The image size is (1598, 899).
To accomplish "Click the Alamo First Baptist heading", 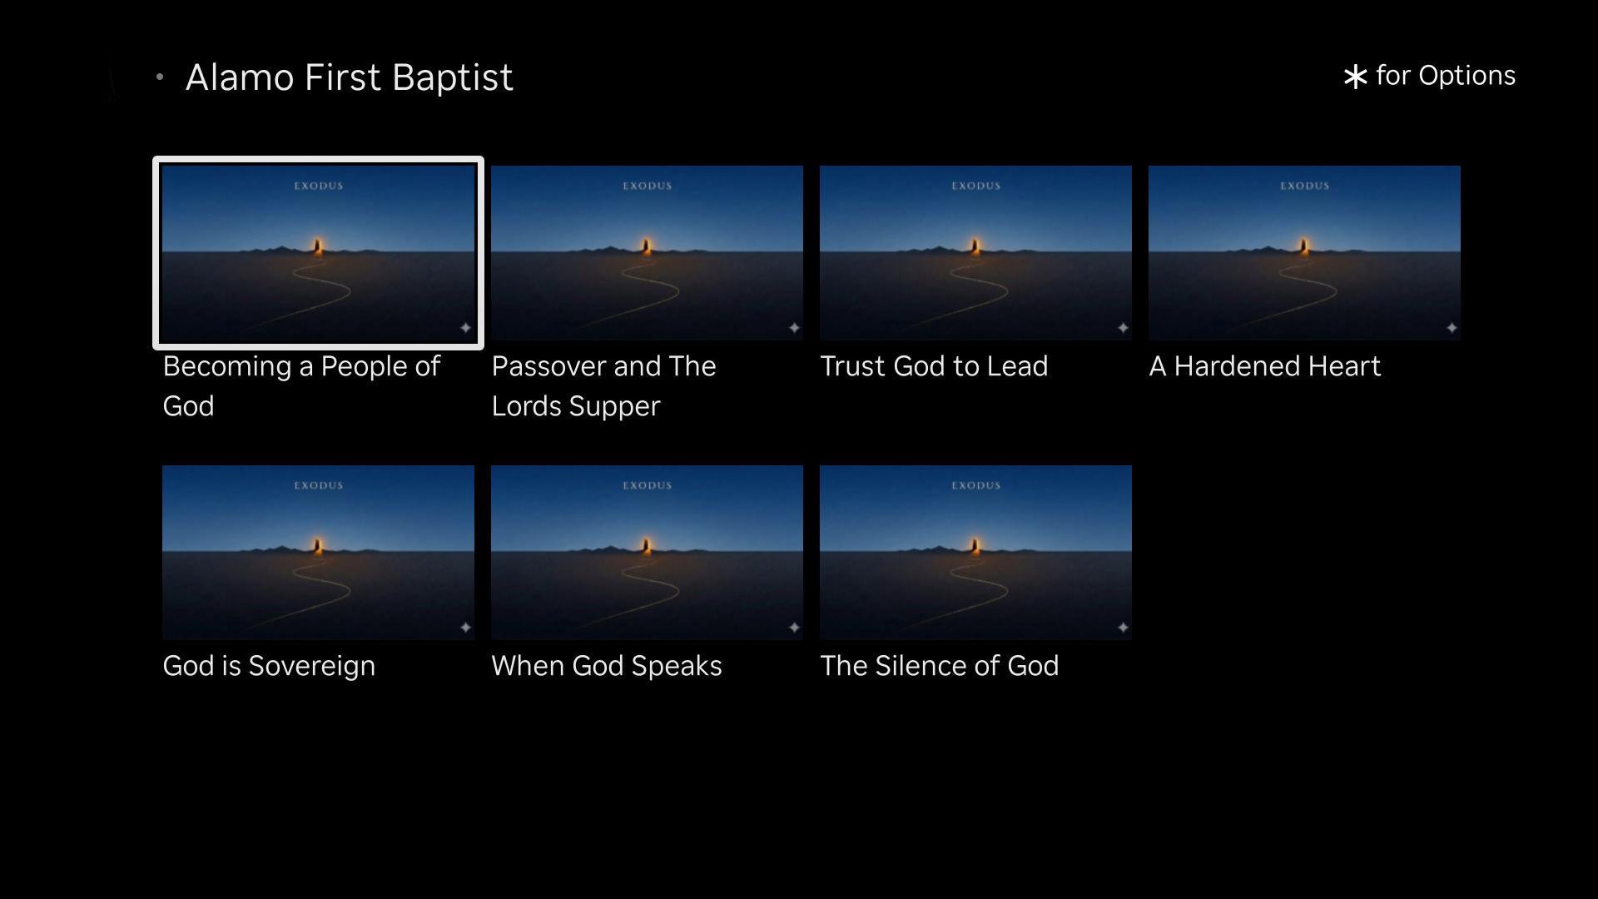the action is pyautogui.click(x=349, y=77).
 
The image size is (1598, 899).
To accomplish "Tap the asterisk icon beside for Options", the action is pyautogui.click(x=1355, y=77).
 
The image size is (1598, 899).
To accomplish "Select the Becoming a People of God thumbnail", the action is pyautogui.click(x=318, y=253).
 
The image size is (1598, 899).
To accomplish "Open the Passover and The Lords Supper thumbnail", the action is pyautogui.click(x=647, y=253).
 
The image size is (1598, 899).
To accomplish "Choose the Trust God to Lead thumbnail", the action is pyautogui.click(x=975, y=253).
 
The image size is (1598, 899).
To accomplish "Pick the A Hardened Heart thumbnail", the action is pyautogui.click(x=1304, y=253).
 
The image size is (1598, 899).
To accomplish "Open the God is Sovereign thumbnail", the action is pyautogui.click(x=318, y=553).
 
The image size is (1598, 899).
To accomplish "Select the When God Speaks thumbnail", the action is pyautogui.click(x=647, y=553).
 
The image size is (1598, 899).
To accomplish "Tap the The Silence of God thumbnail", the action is pyautogui.click(x=975, y=553).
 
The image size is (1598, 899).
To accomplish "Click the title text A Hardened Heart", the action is pyautogui.click(x=1264, y=366).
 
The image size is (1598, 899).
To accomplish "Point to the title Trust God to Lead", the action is pyautogui.click(x=934, y=366).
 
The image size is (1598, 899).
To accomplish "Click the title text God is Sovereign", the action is pyautogui.click(x=269, y=667).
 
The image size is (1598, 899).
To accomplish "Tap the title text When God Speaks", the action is pyautogui.click(x=607, y=667).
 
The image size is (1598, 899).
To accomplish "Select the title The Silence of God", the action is pyautogui.click(x=940, y=666).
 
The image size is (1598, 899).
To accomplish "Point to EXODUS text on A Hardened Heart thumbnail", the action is pyautogui.click(x=1304, y=186).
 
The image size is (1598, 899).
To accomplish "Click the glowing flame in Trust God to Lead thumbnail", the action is pyautogui.click(x=975, y=246).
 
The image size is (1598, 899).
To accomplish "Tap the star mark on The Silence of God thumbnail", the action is pyautogui.click(x=1123, y=627).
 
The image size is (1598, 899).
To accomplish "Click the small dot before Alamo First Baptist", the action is pyautogui.click(x=160, y=77).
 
